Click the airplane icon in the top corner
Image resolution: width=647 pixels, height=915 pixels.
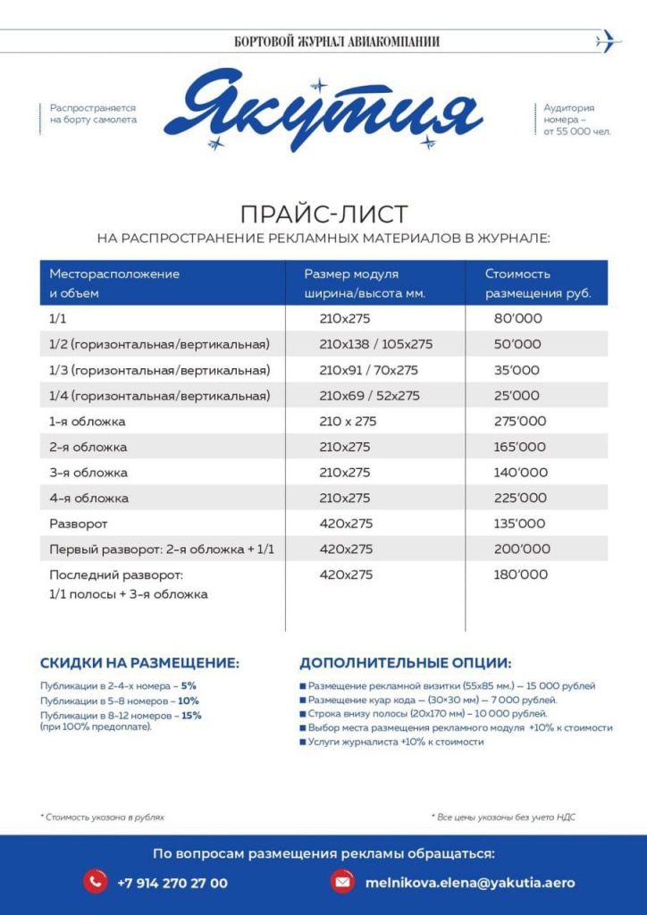pos(608,40)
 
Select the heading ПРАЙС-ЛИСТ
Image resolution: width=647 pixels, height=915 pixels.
pos(323,214)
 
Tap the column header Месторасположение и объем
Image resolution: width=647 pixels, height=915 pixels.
pos(114,283)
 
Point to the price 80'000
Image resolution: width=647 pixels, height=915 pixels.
pos(517,318)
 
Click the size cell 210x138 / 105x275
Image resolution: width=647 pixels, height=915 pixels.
pos(375,344)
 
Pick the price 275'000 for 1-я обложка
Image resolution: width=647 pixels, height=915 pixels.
pos(519,421)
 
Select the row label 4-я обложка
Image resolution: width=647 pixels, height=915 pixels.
pos(88,498)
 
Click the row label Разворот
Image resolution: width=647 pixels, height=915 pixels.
pos(78,524)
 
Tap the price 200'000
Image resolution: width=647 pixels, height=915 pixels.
pos(521,549)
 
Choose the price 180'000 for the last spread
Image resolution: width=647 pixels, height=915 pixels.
pos(520,575)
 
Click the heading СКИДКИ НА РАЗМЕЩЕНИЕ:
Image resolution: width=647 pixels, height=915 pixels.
pos(139,663)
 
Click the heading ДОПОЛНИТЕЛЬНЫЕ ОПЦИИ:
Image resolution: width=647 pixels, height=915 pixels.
pos(405,663)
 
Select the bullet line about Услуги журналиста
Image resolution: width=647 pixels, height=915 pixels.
pos(396,742)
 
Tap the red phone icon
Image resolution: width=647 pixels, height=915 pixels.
pos(95,882)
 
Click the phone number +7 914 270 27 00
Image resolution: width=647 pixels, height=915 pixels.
pos(172,883)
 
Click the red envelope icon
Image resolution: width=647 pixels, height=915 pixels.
pos(341,882)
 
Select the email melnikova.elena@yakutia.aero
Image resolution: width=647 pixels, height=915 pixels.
pos(470,883)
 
